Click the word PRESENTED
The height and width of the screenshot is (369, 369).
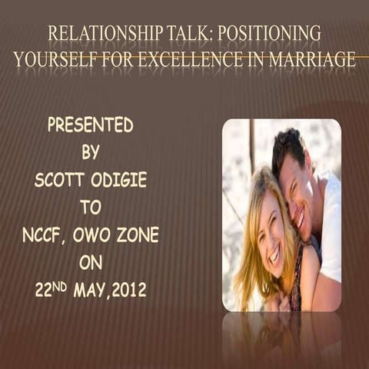point(90,125)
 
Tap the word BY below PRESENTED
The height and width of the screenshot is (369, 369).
point(90,152)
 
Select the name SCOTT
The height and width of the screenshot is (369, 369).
point(61,180)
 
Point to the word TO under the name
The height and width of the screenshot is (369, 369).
point(90,207)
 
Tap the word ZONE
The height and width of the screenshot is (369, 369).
point(138,234)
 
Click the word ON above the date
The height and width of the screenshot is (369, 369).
point(90,262)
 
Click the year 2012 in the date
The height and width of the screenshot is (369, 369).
point(127,291)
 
